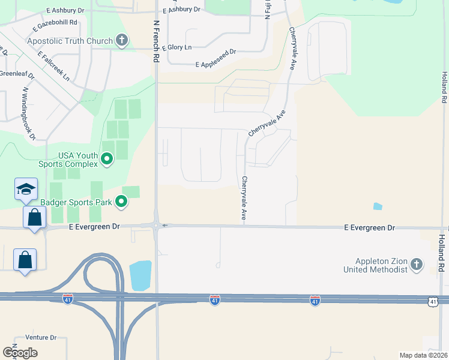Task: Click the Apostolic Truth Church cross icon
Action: pyautogui.click(x=122, y=41)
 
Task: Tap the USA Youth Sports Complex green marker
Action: pyautogui.click(x=107, y=159)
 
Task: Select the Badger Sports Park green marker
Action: pyautogui.click(x=121, y=202)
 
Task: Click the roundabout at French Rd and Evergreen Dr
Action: pyautogui.click(x=156, y=226)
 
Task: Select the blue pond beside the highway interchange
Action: pyautogui.click(x=140, y=275)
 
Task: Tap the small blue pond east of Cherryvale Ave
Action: pyautogui.click(x=377, y=206)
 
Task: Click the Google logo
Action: pyautogui.click(x=20, y=353)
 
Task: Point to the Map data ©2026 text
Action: pyautogui.click(x=423, y=355)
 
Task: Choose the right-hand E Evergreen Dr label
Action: pyautogui.click(x=370, y=229)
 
